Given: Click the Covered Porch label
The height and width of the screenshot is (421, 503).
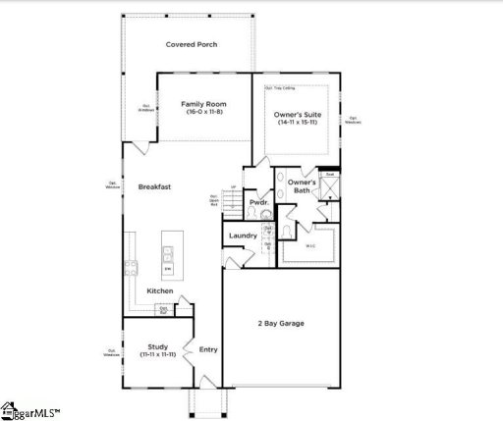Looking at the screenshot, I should tap(192, 44).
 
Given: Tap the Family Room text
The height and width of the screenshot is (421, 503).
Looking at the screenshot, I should tap(205, 103).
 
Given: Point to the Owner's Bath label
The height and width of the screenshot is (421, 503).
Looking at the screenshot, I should tap(302, 185).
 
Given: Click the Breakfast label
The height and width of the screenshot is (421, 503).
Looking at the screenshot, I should tap(154, 185).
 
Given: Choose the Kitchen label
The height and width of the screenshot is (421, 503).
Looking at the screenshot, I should tap(160, 291).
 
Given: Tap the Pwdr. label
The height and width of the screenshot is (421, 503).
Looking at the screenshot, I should tap(258, 202).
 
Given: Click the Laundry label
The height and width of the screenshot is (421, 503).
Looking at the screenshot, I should tap(243, 236).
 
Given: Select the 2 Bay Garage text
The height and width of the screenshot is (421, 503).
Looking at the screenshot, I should tap(281, 323).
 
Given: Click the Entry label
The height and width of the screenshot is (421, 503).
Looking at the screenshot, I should tap(208, 349).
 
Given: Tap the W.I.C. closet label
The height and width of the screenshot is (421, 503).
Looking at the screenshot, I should tap(310, 245).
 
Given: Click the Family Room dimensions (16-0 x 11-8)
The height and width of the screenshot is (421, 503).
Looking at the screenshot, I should tap(205, 112).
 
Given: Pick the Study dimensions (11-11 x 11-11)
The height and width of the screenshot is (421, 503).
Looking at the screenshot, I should tap(158, 354).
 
